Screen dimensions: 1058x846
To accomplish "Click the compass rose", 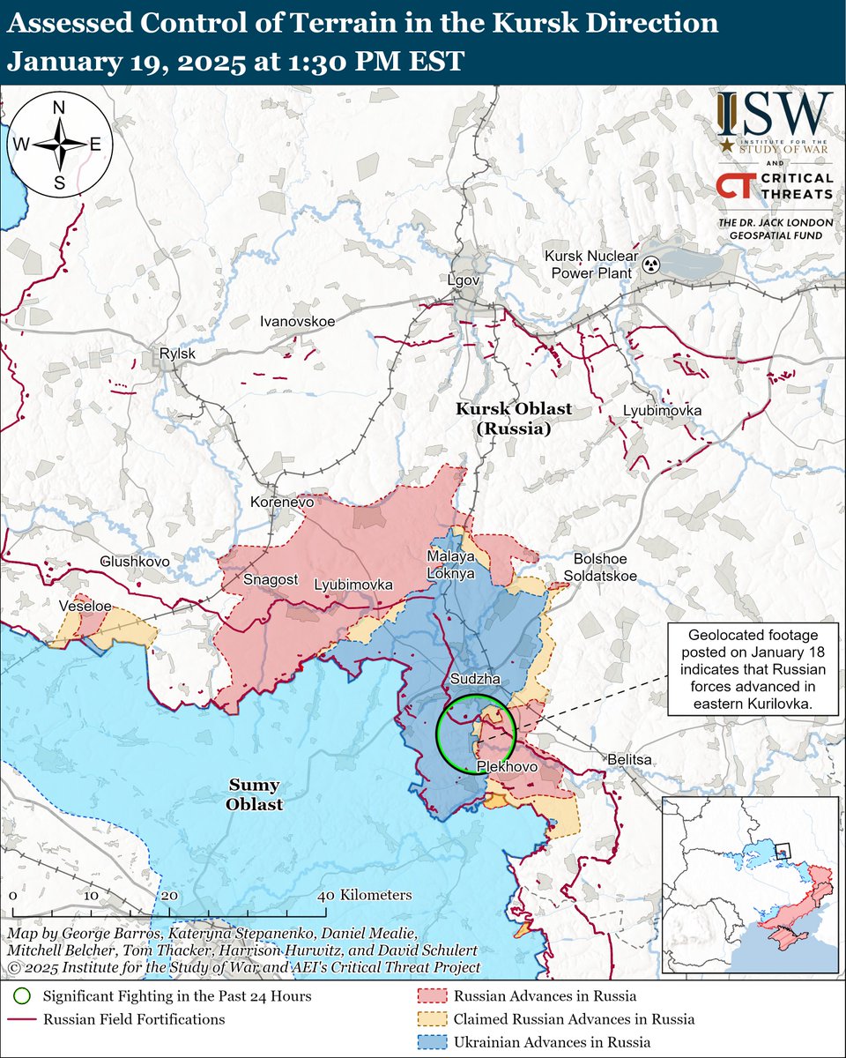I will pos(60,144).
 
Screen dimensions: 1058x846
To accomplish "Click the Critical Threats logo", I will pos(774,187).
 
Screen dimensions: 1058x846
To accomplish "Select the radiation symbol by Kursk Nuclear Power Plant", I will pos(650,264).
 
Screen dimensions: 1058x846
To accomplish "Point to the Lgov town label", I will pos(463,279).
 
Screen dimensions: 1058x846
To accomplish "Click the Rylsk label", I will pos(177,354).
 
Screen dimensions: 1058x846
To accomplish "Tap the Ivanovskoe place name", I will pos(297,322).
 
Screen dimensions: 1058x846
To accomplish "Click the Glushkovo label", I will pos(135,561).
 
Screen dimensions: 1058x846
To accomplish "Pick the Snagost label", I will pos(270,579).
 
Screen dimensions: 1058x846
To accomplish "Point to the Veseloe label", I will pos(85,607).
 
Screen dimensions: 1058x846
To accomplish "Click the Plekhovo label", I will pos(507,768).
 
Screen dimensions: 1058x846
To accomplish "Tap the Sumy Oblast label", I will pos(254,794).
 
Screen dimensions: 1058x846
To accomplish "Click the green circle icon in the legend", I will pos(22,996).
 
